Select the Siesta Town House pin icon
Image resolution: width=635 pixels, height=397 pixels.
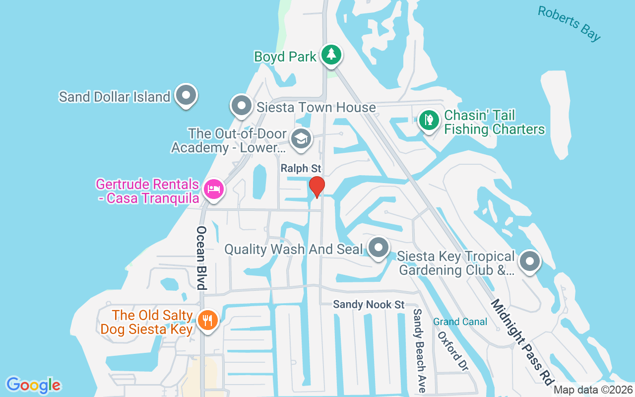pyautogui.click(x=242, y=106)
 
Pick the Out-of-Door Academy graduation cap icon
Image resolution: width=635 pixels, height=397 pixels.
pyautogui.click(x=301, y=139)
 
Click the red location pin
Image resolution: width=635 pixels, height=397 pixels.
pyautogui.click(x=317, y=187)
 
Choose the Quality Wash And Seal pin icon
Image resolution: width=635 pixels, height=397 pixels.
pyautogui.click(x=379, y=247)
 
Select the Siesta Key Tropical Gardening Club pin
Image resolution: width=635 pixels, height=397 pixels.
pyautogui.click(x=529, y=261)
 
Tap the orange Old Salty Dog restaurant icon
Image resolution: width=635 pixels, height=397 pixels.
pyautogui.click(x=205, y=320)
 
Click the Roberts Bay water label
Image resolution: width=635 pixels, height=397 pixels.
pyautogui.click(x=569, y=23)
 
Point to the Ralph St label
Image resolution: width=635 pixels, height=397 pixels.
pyautogui.click(x=301, y=169)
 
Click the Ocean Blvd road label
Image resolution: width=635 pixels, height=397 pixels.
pyautogui.click(x=201, y=258)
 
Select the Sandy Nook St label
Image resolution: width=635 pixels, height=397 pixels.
pyautogui.click(x=369, y=304)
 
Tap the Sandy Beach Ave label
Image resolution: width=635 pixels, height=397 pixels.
pyautogui.click(x=419, y=350)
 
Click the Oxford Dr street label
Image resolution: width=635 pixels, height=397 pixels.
pyautogui.click(x=452, y=351)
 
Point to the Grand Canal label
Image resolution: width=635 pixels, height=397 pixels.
pyautogui.click(x=460, y=322)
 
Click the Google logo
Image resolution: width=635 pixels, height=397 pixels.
pyautogui.click(x=33, y=385)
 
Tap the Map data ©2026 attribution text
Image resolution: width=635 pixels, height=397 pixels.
pyautogui.click(x=593, y=390)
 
